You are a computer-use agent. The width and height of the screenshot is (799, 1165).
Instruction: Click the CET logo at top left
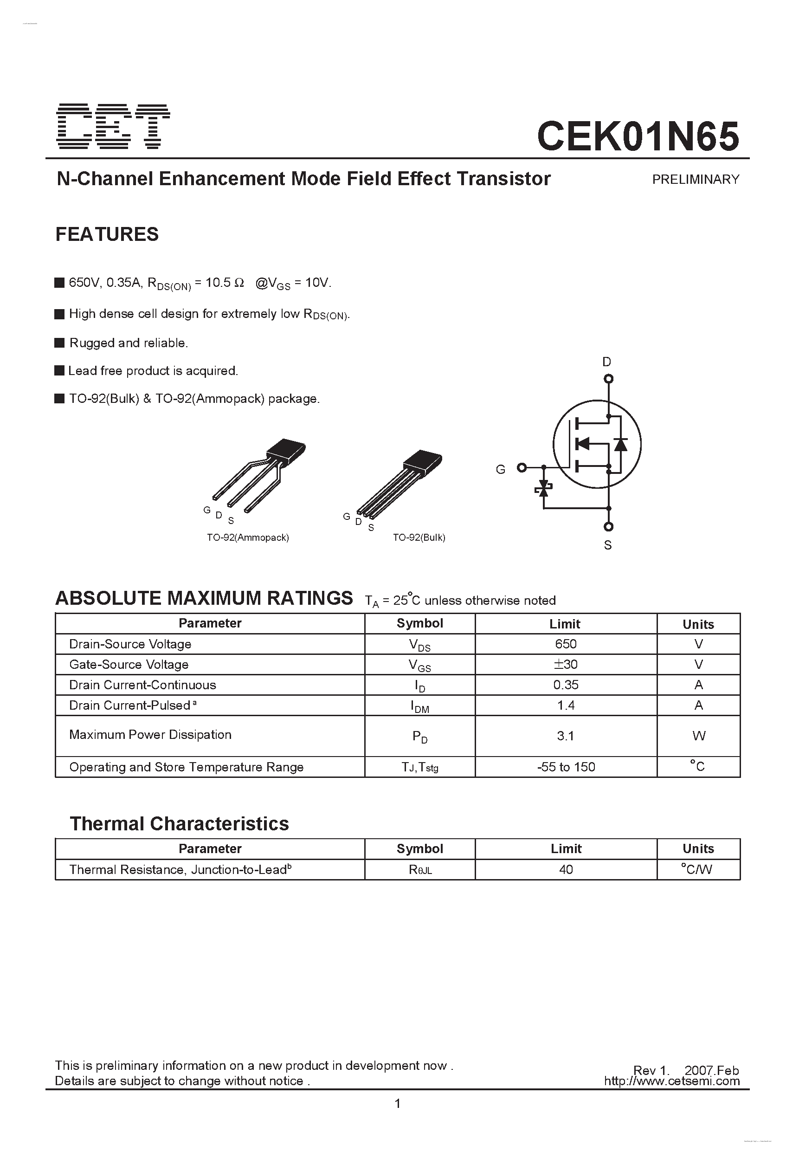(x=113, y=127)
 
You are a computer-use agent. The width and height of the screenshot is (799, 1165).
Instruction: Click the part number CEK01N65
(x=638, y=136)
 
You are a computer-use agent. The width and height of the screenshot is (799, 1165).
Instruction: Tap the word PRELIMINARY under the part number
(x=695, y=180)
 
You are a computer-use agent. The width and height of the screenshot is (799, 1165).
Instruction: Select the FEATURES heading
(x=107, y=234)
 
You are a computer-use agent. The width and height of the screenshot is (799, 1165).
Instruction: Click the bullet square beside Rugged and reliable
(x=60, y=343)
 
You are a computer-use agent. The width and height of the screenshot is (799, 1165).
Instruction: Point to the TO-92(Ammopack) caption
(x=248, y=537)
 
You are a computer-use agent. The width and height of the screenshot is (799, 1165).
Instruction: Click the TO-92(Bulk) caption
(x=419, y=537)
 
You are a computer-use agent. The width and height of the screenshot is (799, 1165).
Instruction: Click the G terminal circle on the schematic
(x=522, y=468)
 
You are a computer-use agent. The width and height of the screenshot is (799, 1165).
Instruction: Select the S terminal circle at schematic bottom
(x=608, y=526)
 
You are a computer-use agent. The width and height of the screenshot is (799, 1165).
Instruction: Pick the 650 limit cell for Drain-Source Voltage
(x=566, y=644)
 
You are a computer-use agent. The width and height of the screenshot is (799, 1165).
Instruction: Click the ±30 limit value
(x=566, y=665)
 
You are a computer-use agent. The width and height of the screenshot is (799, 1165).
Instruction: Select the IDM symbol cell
(x=419, y=706)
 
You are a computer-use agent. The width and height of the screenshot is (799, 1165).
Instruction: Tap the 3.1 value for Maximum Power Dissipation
(x=566, y=736)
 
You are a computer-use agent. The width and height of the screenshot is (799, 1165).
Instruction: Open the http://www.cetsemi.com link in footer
(x=672, y=1081)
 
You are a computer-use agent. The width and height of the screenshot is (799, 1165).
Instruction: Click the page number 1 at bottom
(x=398, y=1103)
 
